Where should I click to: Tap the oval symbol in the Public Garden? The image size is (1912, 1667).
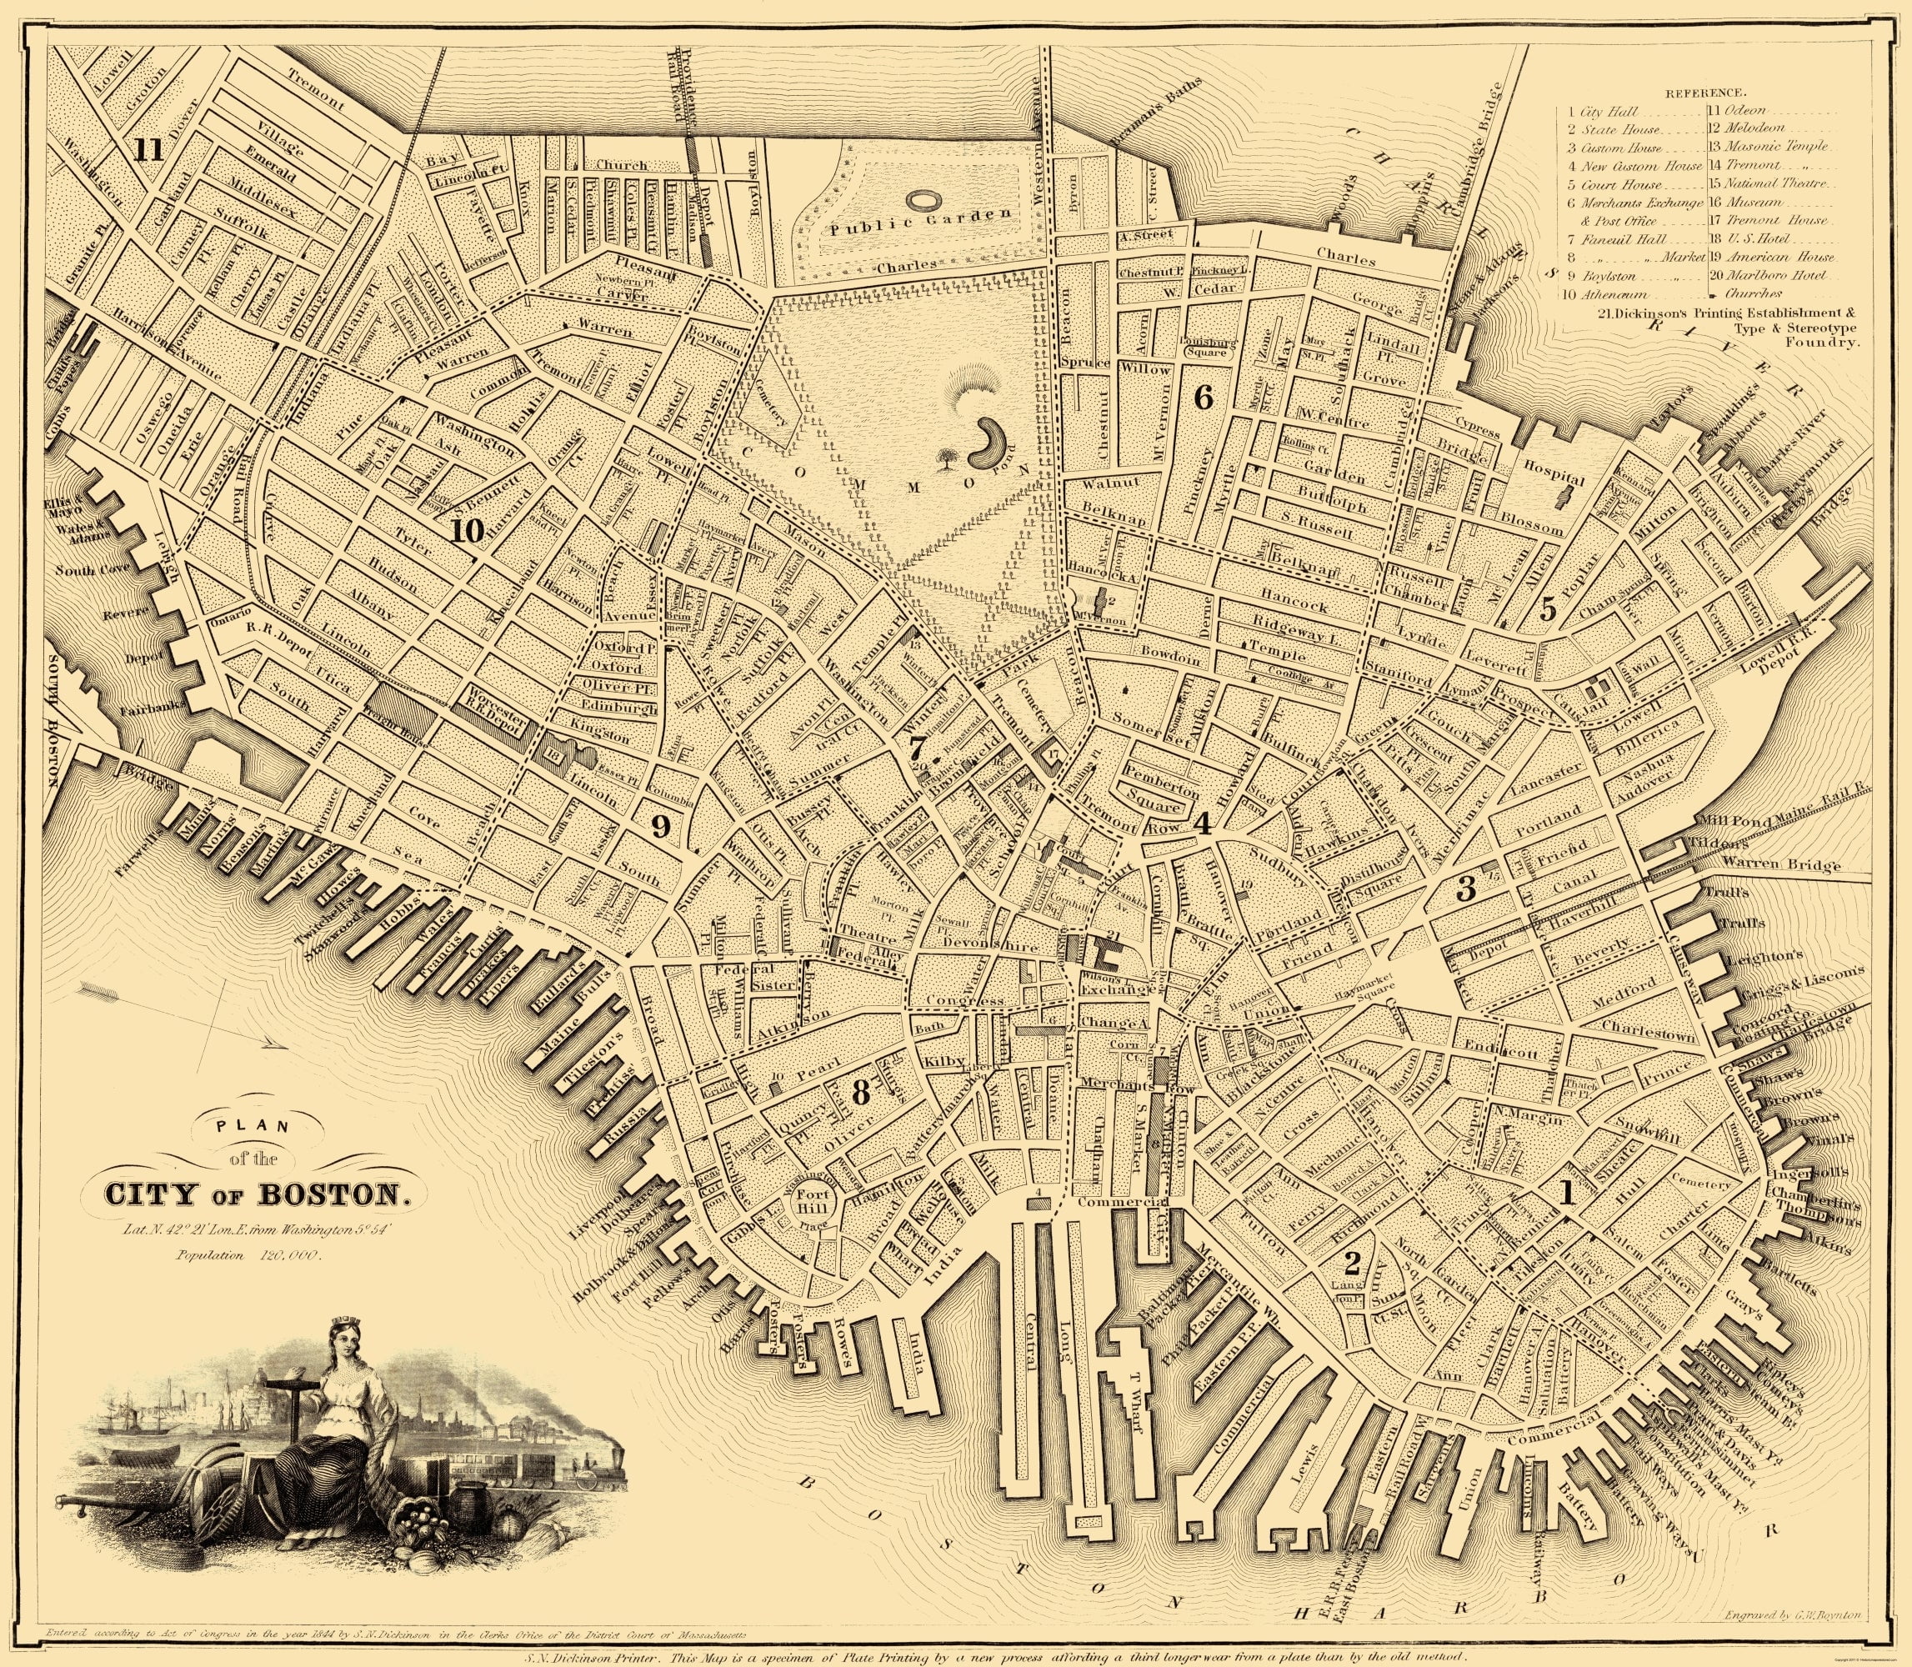point(923,199)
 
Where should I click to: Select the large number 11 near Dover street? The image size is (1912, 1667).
point(147,150)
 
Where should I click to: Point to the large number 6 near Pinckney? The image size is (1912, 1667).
point(1203,399)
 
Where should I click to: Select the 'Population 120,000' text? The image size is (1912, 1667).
point(248,1255)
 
